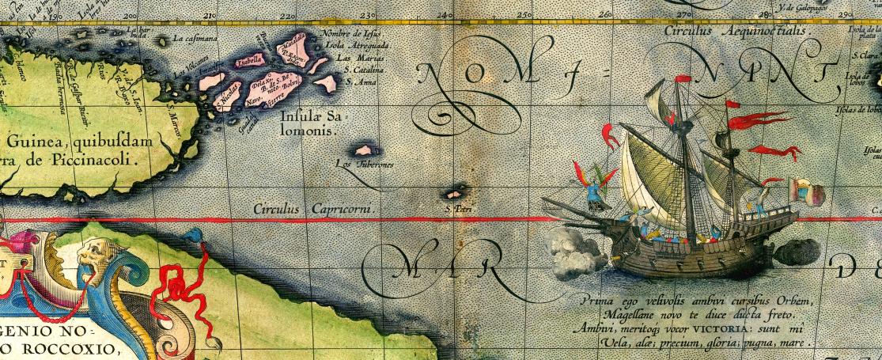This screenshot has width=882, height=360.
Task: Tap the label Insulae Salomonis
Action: pos(309,123)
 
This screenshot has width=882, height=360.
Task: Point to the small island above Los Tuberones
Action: pos(364,150)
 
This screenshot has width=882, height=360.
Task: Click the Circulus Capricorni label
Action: pos(313,210)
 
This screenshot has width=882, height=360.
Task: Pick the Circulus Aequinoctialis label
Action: pos(734,32)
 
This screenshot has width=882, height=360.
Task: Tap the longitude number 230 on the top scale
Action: pos(365,15)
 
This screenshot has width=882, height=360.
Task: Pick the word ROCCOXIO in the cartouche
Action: pos(71,349)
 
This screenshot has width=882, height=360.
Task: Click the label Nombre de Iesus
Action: pos(352,35)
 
